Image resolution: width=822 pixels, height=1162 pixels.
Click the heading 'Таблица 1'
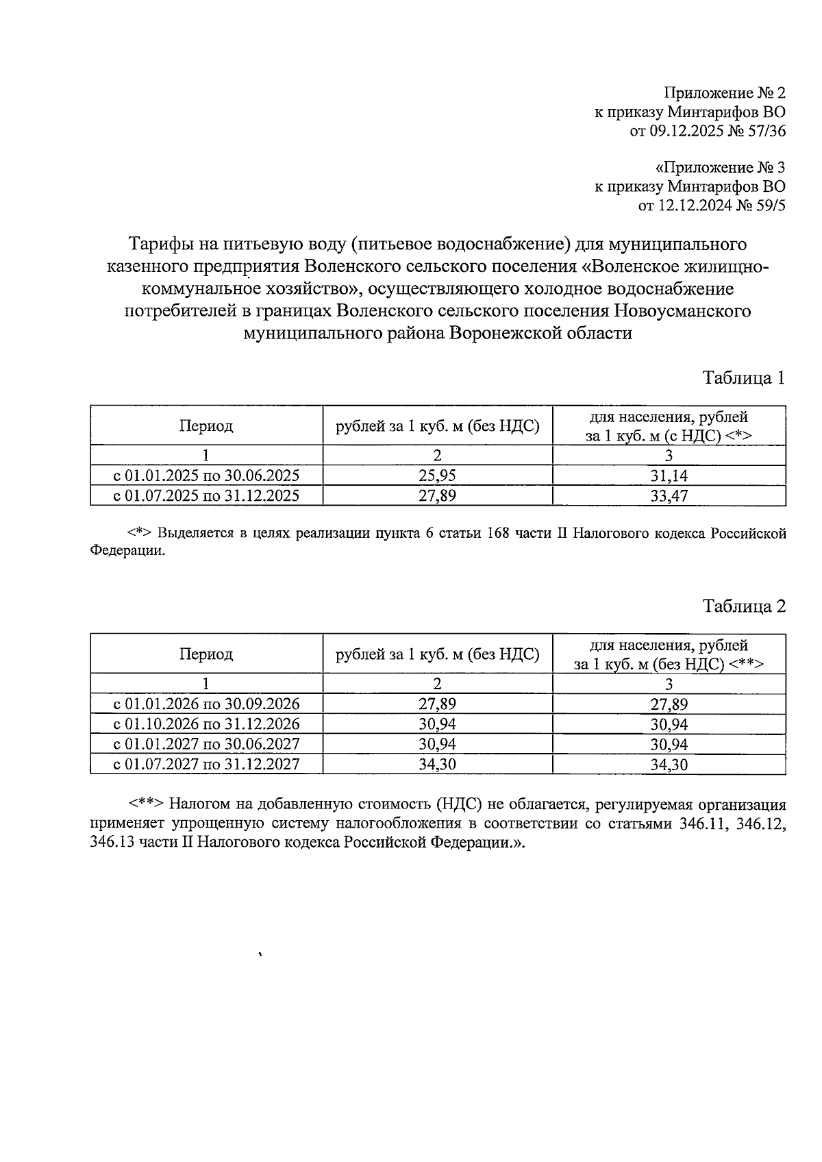pos(743,378)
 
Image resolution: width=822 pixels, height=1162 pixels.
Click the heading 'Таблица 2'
pos(743,606)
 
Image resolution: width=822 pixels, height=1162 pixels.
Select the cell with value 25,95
pos(437,475)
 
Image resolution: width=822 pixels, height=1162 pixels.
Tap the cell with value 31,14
pos(669,476)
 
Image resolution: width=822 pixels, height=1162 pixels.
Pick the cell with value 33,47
pos(669,496)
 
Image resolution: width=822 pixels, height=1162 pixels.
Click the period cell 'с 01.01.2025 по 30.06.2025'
pos(206,475)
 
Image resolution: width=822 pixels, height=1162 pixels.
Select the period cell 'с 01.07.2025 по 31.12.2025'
pos(206,495)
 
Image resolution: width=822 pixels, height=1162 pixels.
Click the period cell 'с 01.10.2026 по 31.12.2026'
pos(206,724)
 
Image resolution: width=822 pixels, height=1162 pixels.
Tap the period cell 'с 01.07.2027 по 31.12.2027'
pos(206,764)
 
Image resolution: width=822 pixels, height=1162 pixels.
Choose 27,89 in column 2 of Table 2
pos(437,704)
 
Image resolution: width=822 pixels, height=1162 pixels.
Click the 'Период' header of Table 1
pos(206,426)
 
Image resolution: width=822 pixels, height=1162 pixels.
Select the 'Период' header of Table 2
pos(206,654)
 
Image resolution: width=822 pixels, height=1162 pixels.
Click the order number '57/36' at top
pos(766,131)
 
